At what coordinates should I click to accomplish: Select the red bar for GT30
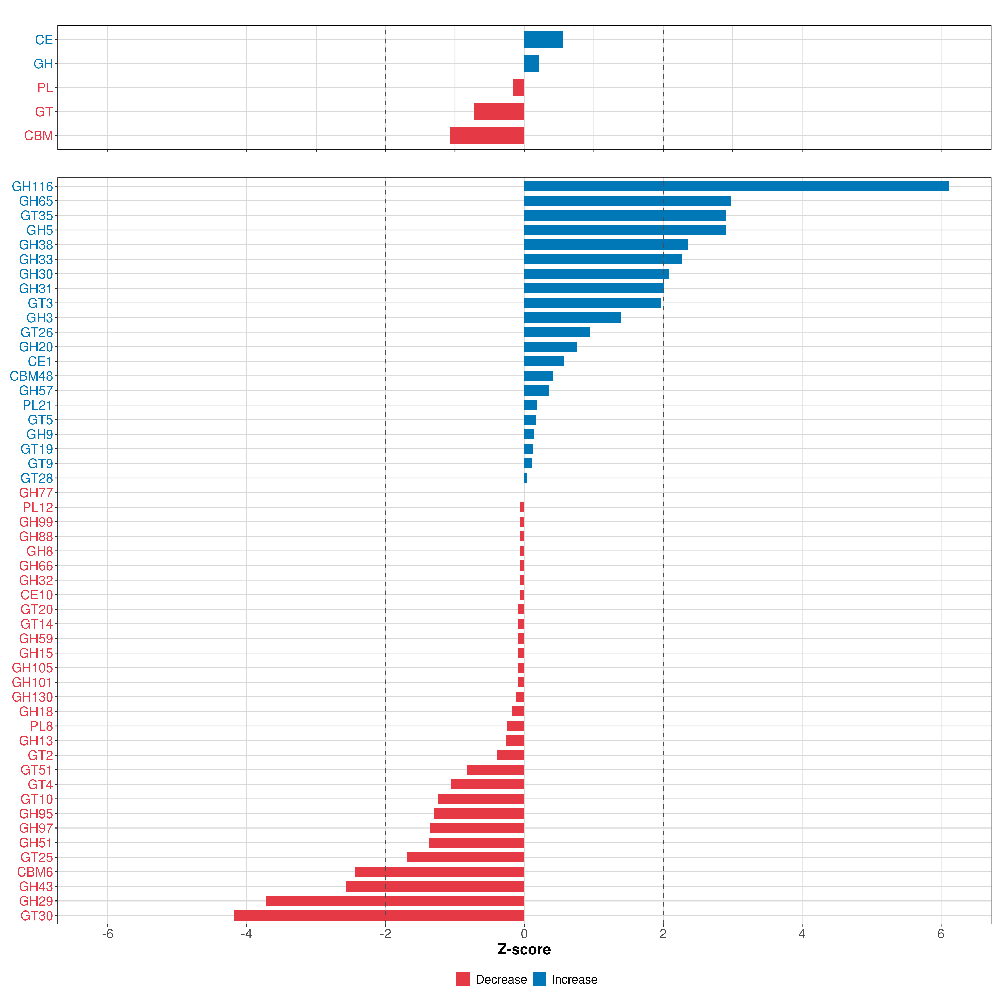[x=379, y=915]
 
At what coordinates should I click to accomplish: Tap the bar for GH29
[x=395, y=901]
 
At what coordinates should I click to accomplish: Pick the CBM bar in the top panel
[x=487, y=135]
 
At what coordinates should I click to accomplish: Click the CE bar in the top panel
[x=543, y=40]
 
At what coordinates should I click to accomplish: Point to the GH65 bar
[x=627, y=201]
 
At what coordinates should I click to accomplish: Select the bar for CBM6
[x=439, y=872]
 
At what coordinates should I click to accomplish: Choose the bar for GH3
[x=572, y=318]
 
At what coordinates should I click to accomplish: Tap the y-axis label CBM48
[x=31, y=376]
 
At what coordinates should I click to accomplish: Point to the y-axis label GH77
[x=36, y=493]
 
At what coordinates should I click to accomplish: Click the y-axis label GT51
[x=36, y=770]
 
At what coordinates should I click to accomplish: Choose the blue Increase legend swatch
[x=539, y=979]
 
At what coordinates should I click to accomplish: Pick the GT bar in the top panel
[x=499, y=111]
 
